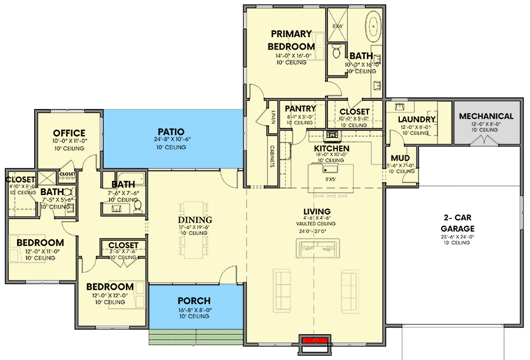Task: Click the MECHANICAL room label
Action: pyautogui.click(x=486, y=116)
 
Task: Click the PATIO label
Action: pyautogui.click(x=171, y=131)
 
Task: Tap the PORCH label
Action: pyautogui.click(x=194, y=301)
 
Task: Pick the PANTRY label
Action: pyautogui.click(x=300, y=109)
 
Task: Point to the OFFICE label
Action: pyautogui.click(x=69, y=133)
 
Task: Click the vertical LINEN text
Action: pyautogui.click(x=274, y=116)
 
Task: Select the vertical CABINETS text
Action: pyautogui.click(x=274, y=157)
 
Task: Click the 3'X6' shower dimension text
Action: pyautogui.click(x=338, y=27)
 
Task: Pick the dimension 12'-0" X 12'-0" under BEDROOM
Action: pyautogui.click(x=110, y=295)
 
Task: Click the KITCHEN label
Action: pyautogui.click(x=332, y=148)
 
